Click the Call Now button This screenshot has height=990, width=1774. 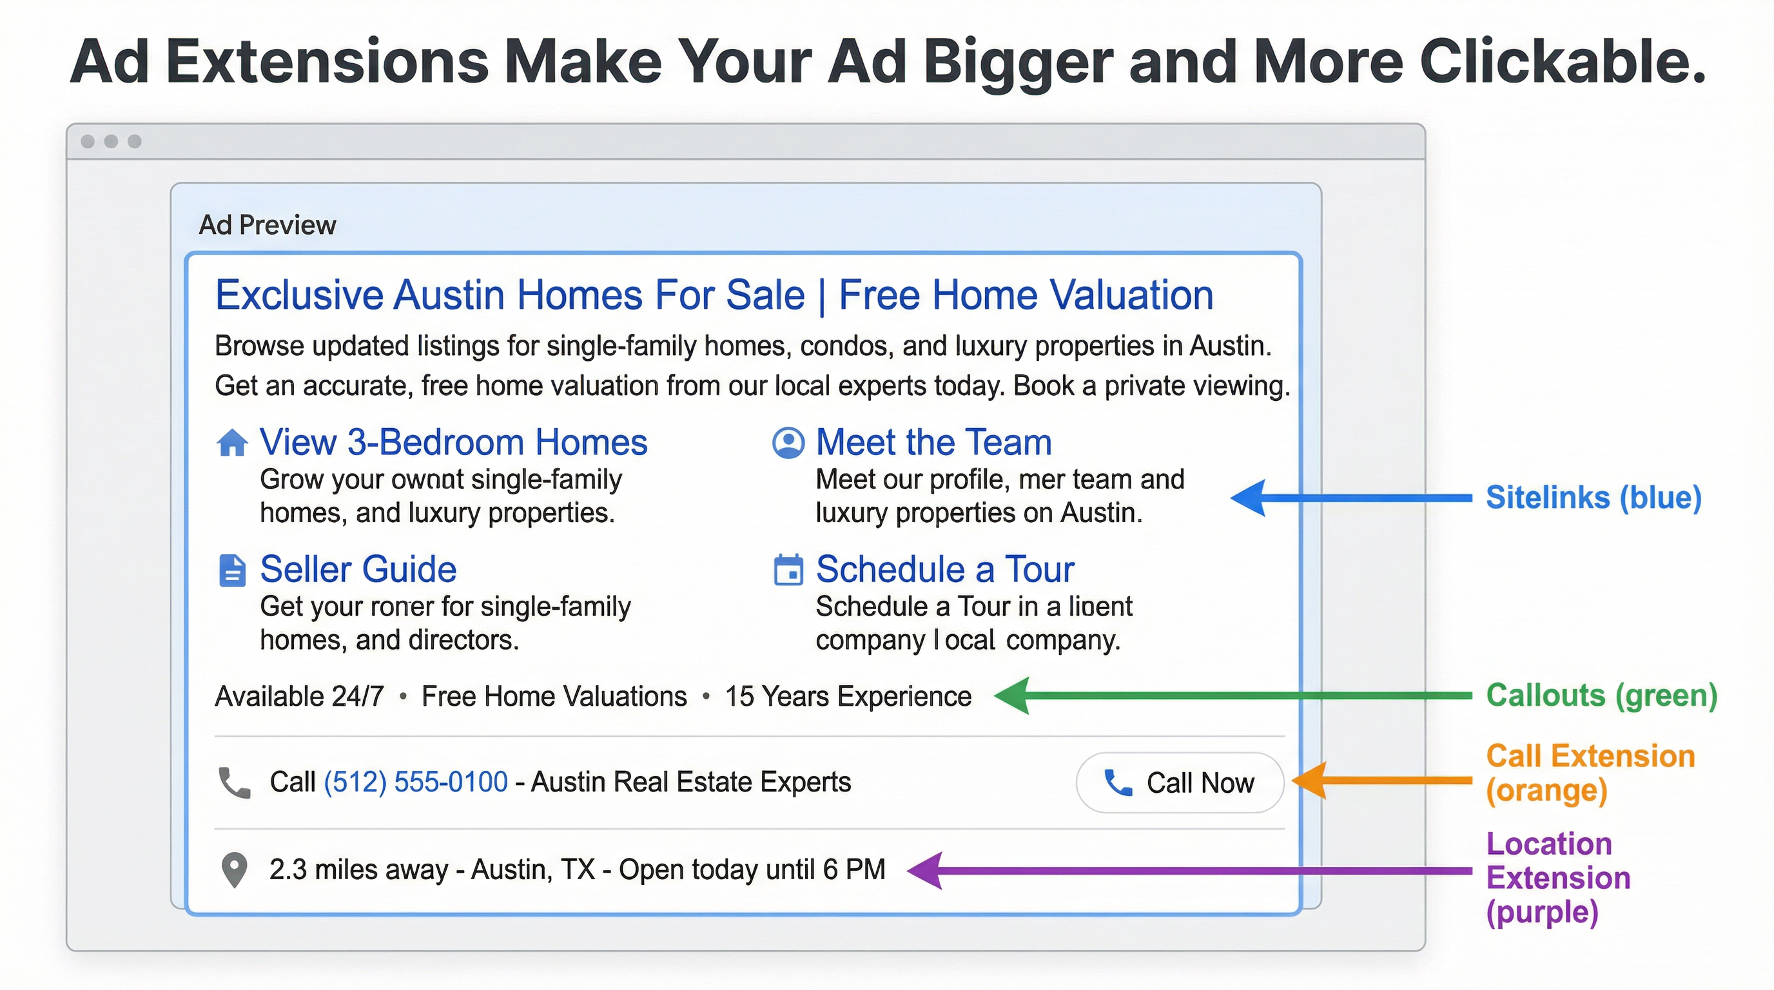point(1179,782)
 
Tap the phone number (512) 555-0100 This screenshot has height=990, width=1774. point(415,782)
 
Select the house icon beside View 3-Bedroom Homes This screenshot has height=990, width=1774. point(232,443)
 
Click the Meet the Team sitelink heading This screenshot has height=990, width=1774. point(933,442)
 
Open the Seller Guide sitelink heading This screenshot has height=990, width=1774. point(358,569)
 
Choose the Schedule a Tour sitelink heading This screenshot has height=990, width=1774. point(945,569)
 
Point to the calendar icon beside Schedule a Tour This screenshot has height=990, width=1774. point(788,570)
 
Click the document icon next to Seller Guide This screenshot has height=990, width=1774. point(232,570)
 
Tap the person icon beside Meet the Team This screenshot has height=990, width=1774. point(788,443)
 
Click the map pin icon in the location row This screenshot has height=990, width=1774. point(234,870)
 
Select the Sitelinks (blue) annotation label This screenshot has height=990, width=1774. point(1593,497)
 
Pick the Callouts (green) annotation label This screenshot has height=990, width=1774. point(1601,695)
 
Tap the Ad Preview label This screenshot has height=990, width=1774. point(268,225)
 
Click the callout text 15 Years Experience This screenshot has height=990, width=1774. point(848,697)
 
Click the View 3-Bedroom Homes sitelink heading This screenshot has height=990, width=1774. point(453,442)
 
